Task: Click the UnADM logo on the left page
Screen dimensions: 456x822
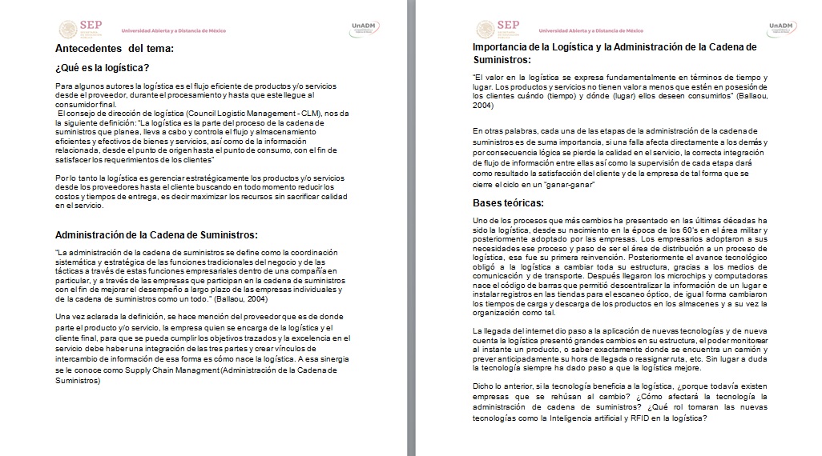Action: [x=362, y=28]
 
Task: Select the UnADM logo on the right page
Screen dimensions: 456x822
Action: [x=780, y=28]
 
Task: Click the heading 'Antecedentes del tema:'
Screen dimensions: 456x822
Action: [x=115, y=50]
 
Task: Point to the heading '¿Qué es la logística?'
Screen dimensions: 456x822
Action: [x=103, y=68]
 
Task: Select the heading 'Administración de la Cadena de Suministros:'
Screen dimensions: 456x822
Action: [x=156, y=234]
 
